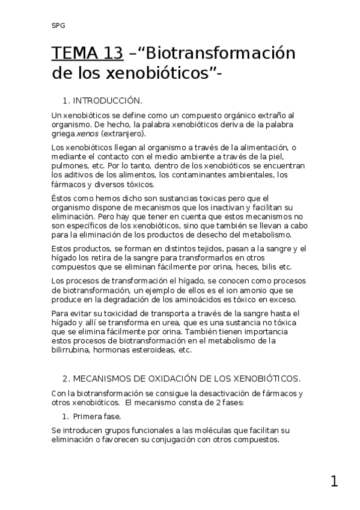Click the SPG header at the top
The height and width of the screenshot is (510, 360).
coord(58,26)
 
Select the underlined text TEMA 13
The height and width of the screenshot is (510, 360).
coord(87,54)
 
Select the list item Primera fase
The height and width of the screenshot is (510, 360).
coord(97,416)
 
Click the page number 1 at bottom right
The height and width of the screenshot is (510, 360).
coord(334,481)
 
